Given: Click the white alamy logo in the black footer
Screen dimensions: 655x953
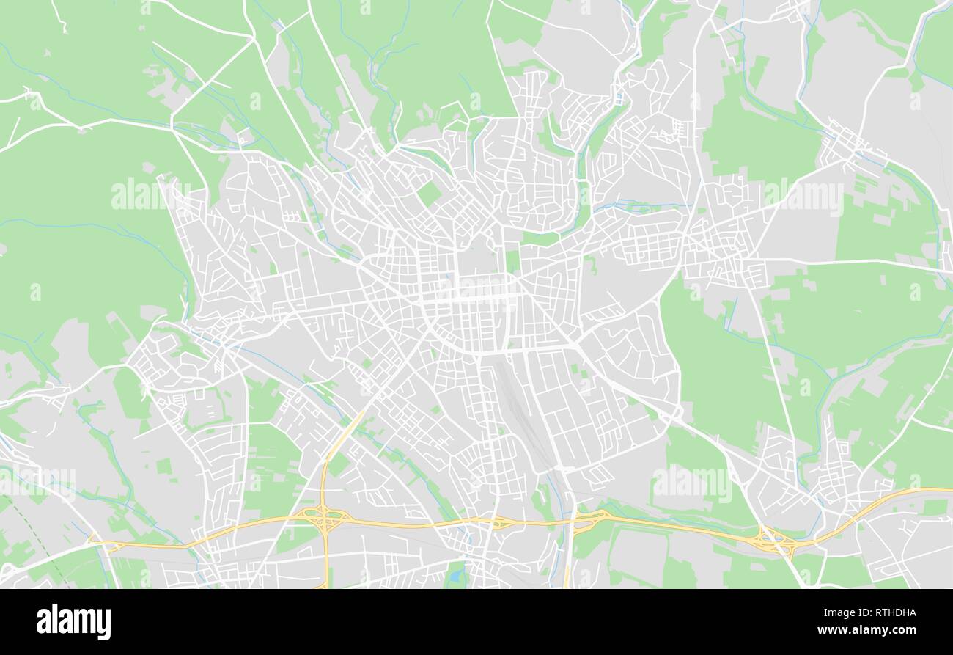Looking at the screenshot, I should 73,622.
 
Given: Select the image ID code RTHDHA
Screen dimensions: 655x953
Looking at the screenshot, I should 890,613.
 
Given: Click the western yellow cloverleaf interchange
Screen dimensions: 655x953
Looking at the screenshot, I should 325,518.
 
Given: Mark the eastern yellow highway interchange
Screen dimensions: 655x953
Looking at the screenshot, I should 776,543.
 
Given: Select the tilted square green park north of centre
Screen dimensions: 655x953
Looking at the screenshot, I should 429,193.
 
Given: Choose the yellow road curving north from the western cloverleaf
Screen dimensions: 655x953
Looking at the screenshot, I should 341,440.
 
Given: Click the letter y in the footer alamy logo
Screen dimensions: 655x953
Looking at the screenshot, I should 106,623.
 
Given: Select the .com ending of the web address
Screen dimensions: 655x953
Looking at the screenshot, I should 903,630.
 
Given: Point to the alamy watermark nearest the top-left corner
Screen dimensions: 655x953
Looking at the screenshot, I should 150,194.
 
